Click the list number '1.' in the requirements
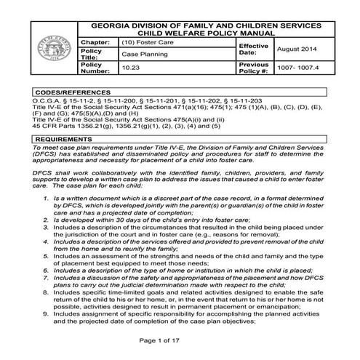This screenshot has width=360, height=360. pos(48,197)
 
